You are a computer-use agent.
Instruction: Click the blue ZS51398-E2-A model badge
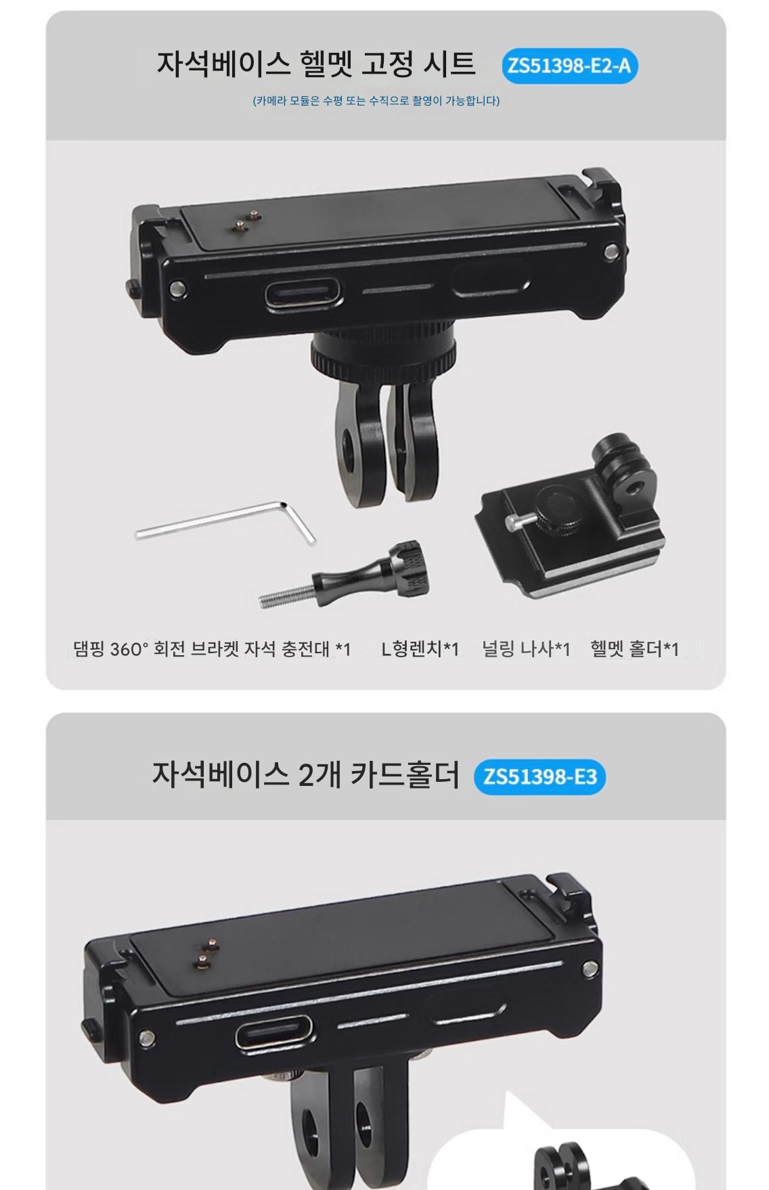pyautogui.click(x=569, y=66)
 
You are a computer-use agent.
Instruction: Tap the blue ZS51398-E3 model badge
pyautogui.click(x=540, y=776)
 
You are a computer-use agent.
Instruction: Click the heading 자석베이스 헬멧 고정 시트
pyautogui.click(x=316, y=64)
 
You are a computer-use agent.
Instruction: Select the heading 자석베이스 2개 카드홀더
pyautogui.click(x=305, y=774)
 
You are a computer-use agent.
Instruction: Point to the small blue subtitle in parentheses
pyautogui.click(x=376, y=101)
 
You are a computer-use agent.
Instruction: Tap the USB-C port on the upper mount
pyautogui.click(x=303, y=292)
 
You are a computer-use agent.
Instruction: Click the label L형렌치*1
pyautogui.click(x=420, y=649)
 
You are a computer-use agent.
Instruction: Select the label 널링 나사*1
pyautogui.click(x=526, y=649)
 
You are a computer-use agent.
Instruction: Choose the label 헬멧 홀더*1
pyautogui.click(x=634, y=649)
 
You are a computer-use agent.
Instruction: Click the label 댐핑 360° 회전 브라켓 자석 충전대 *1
pyautogui.click(x=212, y=649)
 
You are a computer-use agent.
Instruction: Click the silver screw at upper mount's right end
pyautogui.click(x=611, y=252)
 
